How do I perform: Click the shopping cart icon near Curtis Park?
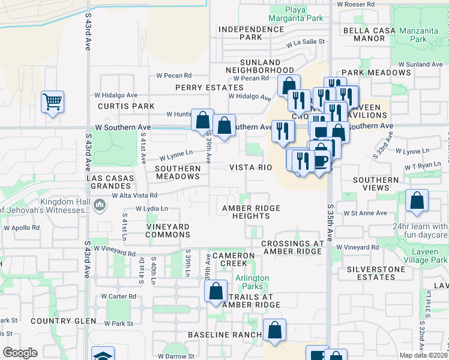pos(53,101)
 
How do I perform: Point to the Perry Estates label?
pos(200,88)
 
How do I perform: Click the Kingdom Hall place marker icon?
pos(100,206)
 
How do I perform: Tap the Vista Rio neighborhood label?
pos(251,168)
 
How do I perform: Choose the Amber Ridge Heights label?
pos(251,212)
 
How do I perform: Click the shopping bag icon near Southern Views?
pos(417,201)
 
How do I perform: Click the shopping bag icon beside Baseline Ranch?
pos(274,330)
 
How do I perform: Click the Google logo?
pos(19,353)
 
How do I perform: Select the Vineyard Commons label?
pos(168,231)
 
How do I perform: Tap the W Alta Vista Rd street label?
pos(130,195)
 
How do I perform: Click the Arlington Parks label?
pos(252,282)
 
